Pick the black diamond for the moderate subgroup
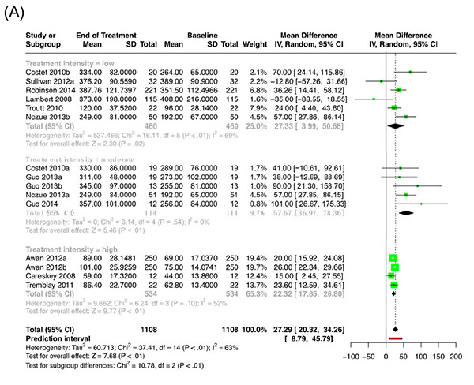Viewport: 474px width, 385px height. (x=406, y=211)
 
